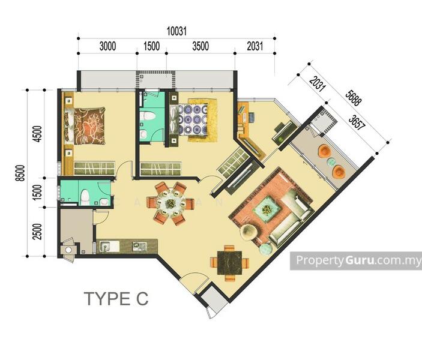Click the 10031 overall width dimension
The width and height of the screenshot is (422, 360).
click(176, 31)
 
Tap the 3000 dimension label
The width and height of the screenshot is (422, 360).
click(107, 46)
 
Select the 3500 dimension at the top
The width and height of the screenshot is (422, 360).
click(200, 46)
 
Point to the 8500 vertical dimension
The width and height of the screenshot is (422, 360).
click(21, 173)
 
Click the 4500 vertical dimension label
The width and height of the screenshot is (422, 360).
click(38, 134)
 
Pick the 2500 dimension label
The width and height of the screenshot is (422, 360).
click(38, 232)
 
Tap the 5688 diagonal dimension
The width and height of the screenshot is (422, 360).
click(354, 98)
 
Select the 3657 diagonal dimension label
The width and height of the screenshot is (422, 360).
click(357, 122)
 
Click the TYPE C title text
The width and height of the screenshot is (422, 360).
click(116, 299)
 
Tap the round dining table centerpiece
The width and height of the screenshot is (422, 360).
click(170, 203)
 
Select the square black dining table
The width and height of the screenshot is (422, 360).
click(229, 263)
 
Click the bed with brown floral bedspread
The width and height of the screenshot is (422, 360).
click(85, 126)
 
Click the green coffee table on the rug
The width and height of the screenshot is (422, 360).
click(267, 209)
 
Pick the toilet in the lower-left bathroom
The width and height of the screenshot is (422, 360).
click(85, 198)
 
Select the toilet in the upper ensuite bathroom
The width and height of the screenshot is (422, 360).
click(148, 116)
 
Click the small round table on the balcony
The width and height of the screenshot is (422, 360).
click(331, 162)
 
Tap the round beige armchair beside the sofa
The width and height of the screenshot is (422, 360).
click(249, 232)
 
